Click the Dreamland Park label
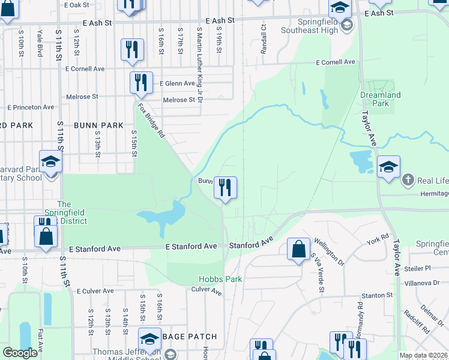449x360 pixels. click(x=380, y=99)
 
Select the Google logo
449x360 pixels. click(x=20, y=353)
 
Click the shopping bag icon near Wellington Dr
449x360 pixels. click(x=298, y=248)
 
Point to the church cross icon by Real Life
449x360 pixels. click(x=408, y=180)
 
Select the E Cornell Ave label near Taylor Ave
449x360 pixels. click(x=336, y=62)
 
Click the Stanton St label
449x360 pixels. click(x=376, y=295)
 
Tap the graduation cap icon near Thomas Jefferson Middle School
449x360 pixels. click(x=149, y=338)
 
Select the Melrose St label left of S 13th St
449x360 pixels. click(x=82, y=96)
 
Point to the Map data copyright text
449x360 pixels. click(x=423, y=355)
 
